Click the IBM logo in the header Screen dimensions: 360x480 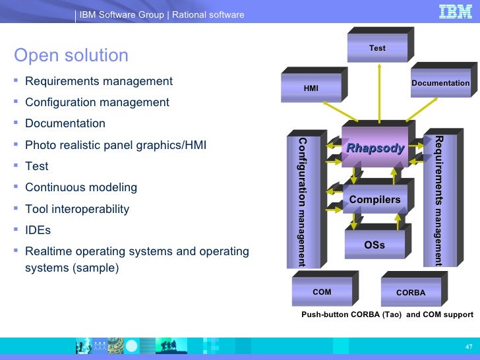[455, 12]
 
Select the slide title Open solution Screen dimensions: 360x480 [71, 55]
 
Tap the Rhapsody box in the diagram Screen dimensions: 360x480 [375, 148]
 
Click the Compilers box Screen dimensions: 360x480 [375, 199]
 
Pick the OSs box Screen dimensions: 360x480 [375, 245]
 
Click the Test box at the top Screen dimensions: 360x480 [377, 48]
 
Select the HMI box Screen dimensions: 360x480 [311, 87]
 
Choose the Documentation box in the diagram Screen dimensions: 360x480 [440, 83]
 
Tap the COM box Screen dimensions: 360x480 [322, 292]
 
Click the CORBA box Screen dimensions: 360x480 [411, 292]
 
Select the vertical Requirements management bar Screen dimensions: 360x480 [438, 200]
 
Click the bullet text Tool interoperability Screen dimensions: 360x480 [76, 209]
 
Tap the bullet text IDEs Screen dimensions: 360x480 [38, 230]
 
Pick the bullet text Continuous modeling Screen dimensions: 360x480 [81, 187]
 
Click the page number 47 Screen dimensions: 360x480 [468, 347]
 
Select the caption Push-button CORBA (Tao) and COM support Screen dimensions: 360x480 [387, 315]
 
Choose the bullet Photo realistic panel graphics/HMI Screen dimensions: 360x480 [115, 145]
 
